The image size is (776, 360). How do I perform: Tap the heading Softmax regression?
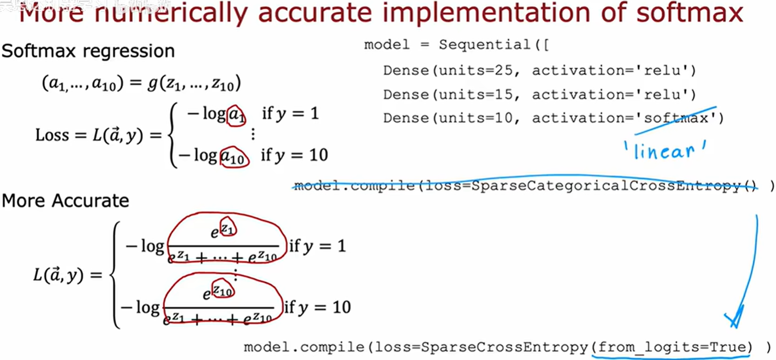(88, 51)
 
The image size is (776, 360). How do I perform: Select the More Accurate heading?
(65, 201)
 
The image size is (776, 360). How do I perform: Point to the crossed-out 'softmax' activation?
(676, 118)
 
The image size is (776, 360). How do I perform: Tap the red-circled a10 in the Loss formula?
(235, 156)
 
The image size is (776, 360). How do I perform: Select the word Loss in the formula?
(52, 135)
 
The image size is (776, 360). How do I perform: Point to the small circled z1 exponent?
(228, 228)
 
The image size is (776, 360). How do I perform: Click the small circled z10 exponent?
(223, 289)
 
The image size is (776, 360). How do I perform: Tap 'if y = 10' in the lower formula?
(318, 307)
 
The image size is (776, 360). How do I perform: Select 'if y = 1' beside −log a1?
(290, 113)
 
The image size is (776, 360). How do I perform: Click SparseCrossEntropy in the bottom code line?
(504, 347)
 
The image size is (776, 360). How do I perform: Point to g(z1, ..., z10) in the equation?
(194, 83)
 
